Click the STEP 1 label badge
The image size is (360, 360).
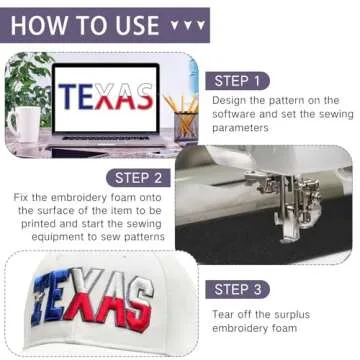pyautogui.click(x=237, y=81)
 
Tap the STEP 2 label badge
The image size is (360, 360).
pyautogui.click(x=138, y=178)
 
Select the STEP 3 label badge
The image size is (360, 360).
pyautogui.click(x=237, y=289)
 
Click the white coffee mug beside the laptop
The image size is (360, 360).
pyautogui.click(x=24, y=124)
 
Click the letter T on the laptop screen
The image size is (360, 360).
pyautogui.click(x=68, y=97)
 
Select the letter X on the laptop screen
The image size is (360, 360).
pyautogui.click(x=105, y=97)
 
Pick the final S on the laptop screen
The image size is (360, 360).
pyautogui.click(x=144, y=97)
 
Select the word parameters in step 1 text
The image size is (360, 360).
pyautogui.click(x=240, y=128)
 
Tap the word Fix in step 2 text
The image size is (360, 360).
pyautogui.click(x=21, y=197)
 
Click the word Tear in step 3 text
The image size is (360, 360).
pyautogui.click(x=223, y=314)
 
